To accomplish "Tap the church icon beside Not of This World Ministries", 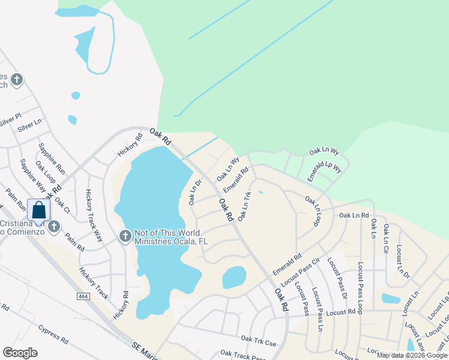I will [125, 235].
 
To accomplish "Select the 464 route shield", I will [83, 297].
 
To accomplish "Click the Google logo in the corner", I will [20, 353].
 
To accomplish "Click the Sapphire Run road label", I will [51, 158].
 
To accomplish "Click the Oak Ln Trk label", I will [244, 206].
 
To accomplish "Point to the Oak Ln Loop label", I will [313, 211].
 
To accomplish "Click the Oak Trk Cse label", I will [259, 340].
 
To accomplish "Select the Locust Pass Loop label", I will [360, 287].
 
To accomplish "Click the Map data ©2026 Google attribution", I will [412, 355].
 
